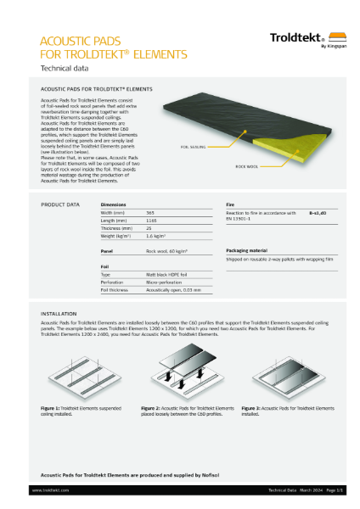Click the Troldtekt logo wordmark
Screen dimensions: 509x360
click(293, 37)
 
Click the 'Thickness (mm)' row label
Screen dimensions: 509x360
click(117, 228)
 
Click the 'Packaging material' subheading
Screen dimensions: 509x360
click(247, 251)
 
